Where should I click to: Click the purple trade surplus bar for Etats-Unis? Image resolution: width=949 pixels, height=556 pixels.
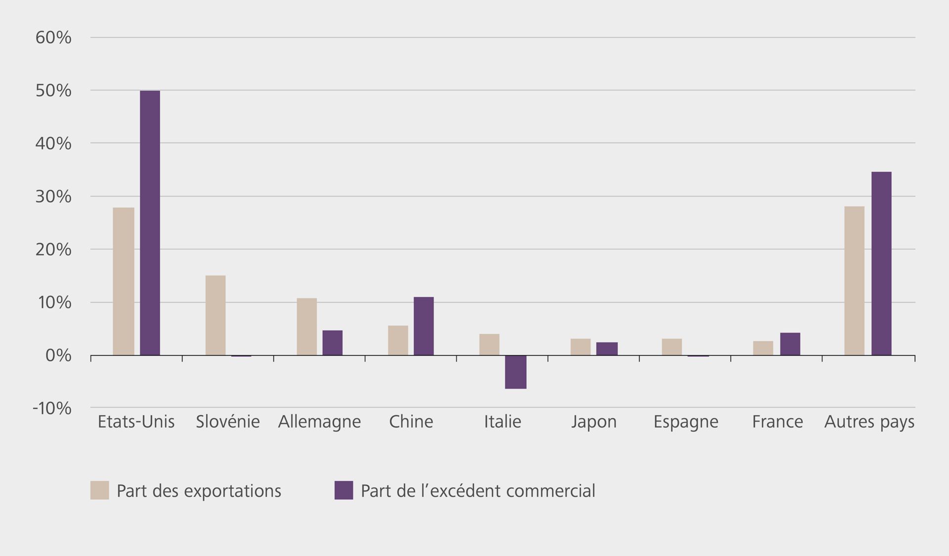(x=150, y=223)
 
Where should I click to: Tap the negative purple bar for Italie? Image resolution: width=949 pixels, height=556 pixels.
(x=516, y=372)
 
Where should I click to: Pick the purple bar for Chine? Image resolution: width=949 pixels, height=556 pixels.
(x=424, y=326)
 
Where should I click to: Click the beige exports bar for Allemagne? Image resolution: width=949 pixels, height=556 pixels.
(x=306, y=327)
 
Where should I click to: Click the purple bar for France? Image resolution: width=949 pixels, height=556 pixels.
(x=790, y=344)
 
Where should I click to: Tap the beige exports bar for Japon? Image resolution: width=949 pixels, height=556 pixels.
(x=580, y=347)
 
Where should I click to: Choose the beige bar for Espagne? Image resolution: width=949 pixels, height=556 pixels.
(x=672, y=347)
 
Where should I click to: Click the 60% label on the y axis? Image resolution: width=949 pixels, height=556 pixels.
(x=53, y=38)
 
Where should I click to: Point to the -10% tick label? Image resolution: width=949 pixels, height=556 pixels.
(x=52, y=408)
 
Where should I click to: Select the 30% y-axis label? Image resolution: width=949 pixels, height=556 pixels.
(x=53, y=197)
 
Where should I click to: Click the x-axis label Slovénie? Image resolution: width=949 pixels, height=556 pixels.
(x=227, y=422)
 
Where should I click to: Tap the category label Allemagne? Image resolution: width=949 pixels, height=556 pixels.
(x=319, y=422)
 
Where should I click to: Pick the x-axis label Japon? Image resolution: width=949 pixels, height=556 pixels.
(x=594, y=422)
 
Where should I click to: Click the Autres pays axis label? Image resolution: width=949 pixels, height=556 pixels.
(x=869, y=422)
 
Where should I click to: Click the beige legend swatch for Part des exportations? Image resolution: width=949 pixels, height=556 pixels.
(x=99, y=490)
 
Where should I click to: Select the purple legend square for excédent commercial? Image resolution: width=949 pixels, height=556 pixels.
(x=344, y=490)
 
